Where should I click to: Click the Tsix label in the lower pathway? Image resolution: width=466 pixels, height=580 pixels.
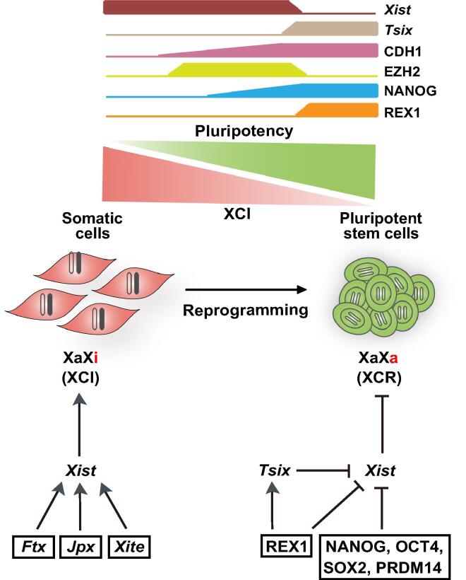(275, 470)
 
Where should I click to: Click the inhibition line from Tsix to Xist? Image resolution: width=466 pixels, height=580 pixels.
(326, 469)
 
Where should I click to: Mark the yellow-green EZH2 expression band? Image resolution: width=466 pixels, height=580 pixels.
(237, 69)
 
